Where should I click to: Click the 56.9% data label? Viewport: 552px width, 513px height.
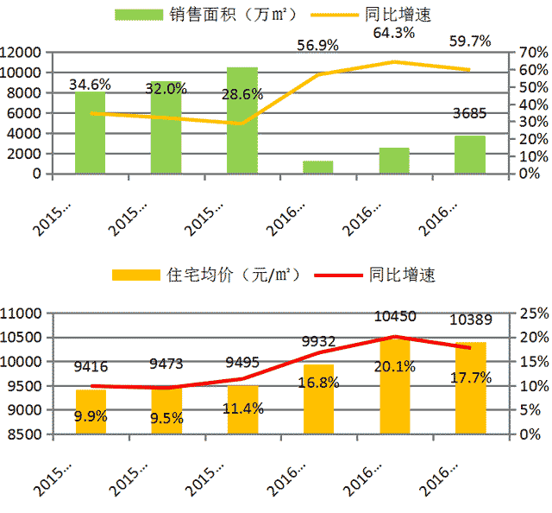pyautogui.click(x=318, y=45)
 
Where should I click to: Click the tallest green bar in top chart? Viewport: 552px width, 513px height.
pyautogui.click(x=242, y=120)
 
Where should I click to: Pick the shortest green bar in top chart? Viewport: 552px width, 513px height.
pyautogui.click(x=318, y=168)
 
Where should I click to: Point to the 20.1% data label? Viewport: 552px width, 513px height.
pyautogui.click(x=394, y=367)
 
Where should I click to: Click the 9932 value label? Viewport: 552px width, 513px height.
pyautogui.click(x=318, y=342)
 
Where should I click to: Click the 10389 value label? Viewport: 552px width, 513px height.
pyautogui.click(x=470, y=321)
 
